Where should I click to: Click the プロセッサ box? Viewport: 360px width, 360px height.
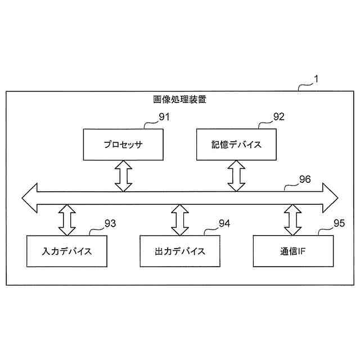pyautogui.click(x=123, y=145)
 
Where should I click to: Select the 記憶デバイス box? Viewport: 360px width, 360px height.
pyautogui.click(x=236, y=145)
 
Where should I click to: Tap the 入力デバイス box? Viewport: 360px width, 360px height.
pyautogui.click(x=67, y=250)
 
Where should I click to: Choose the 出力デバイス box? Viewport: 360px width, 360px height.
pyautogui.click(x=179, y=250)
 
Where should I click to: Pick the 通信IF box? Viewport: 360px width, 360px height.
pyautogui.click(x=292, y=250)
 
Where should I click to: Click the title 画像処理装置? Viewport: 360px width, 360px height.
pyautogui.click(x=179, y=100)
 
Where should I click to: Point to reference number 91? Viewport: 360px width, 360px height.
pyautogui.click(x=164, y=117)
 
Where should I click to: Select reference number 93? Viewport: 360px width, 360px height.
pyautogui.click(x=110, y=223)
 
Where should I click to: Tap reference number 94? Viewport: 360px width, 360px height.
pyautogui.click(x=224, y=223)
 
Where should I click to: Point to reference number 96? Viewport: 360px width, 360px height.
pyautogui.click(x=304, y=180)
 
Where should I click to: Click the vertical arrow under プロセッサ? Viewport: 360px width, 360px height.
pyautogui.click(x=123, y=175)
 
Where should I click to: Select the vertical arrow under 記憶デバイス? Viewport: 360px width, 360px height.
pyautogui.click(x=236, y=175)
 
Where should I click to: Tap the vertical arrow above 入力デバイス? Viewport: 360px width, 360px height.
pyautogui.click(x=66, y=220)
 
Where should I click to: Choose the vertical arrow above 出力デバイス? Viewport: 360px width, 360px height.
pyautogui.click(x=179, y=220)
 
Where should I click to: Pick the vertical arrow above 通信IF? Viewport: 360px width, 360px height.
pyautogui.click(x=292, y=220)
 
